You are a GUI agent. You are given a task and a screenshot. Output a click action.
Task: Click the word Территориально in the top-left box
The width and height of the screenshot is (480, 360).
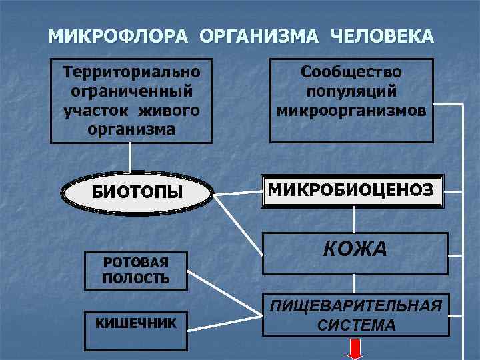point(131,70)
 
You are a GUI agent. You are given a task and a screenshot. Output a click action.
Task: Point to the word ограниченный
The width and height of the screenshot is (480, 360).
point(131,89)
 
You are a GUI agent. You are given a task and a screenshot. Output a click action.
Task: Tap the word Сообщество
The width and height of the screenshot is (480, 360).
point(351,70)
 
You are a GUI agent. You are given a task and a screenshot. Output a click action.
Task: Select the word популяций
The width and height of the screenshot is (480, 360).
point(351,89)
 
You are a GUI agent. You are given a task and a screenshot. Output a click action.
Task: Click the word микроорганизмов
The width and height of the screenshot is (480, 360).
point(351,107)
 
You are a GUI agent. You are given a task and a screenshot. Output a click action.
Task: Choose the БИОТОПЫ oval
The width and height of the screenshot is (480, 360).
point(137,193)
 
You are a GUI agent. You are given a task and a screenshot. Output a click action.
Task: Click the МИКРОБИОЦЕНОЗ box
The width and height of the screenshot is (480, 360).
point(351,192)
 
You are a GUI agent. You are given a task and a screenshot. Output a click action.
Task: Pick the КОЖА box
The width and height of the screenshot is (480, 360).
point(355,251)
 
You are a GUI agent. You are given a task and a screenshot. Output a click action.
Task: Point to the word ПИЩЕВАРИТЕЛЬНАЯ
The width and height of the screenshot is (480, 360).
point(356,307)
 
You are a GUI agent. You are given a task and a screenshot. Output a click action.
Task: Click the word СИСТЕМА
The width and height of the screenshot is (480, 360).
point(356,325)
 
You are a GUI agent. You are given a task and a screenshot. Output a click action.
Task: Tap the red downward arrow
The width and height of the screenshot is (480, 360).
point(355,349)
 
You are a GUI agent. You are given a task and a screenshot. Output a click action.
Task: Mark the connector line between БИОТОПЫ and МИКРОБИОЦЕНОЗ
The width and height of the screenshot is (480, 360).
point(237,194)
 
